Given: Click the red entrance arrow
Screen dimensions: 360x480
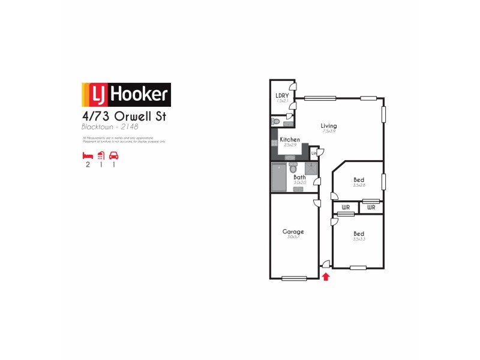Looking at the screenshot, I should coord(326,277).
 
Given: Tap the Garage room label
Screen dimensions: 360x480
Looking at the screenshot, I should coord(293,232).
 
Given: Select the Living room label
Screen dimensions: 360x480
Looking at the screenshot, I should coord(329,126).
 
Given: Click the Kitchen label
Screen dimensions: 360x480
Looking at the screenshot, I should coord(290,140).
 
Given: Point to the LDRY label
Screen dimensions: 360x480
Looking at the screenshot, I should coord(281,95).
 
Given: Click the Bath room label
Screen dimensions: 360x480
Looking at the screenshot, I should coord(299,177).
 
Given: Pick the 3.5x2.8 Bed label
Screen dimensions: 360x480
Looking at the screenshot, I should coord(359,180).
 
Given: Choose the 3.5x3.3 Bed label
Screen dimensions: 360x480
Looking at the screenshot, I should coord(359,233).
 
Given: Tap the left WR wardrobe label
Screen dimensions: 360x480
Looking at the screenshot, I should coord(346,208).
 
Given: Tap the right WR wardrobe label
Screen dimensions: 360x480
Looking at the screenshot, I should coord(371,208).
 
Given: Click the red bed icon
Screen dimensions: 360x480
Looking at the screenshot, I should coord(88,155).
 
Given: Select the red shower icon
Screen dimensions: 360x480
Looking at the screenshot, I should coord(101,155).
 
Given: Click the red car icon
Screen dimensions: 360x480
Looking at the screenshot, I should coord(113,155).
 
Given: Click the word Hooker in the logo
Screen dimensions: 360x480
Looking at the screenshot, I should coord(139,94).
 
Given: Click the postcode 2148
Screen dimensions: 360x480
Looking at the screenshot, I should coord(129,127).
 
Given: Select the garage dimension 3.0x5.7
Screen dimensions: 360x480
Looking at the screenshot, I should coord(293,238).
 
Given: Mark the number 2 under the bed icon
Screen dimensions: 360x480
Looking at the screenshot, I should coord(88,165).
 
